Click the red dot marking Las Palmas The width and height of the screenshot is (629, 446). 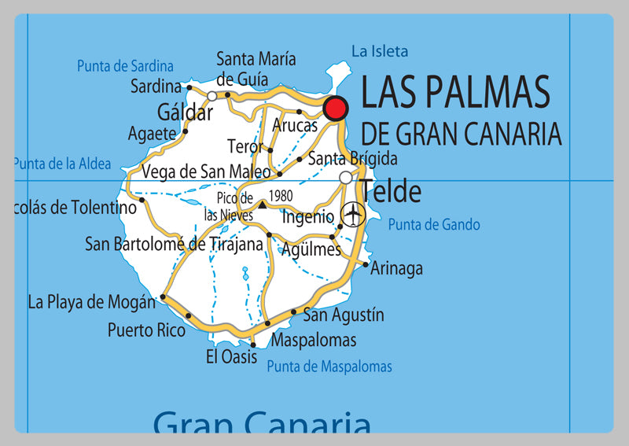[336, 109]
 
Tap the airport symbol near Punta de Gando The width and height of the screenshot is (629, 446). [354, 212]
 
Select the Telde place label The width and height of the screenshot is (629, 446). [391, 191]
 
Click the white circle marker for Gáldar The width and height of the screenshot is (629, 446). [212, 96]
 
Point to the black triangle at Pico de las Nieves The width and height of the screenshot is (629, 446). [262, 204]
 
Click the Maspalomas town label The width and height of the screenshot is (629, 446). [313, 340]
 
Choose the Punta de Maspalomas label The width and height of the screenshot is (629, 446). [329, 367]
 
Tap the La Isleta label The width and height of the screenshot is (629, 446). [380, 52]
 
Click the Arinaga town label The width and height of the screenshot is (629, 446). [397, 268]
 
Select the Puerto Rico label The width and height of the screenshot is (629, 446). [146, 330]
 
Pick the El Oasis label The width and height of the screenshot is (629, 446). [231, 357]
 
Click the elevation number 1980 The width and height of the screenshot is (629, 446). [281, 195]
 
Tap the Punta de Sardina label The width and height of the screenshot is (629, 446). [125, 66]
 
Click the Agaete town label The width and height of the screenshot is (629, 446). [152, 134]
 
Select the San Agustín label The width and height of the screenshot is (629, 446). [344, 315]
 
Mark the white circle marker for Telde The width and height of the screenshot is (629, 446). [346, 178]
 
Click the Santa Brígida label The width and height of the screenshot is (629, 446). [352, 159]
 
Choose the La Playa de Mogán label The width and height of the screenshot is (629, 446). [91, 301]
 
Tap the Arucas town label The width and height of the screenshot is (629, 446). [295, 125]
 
